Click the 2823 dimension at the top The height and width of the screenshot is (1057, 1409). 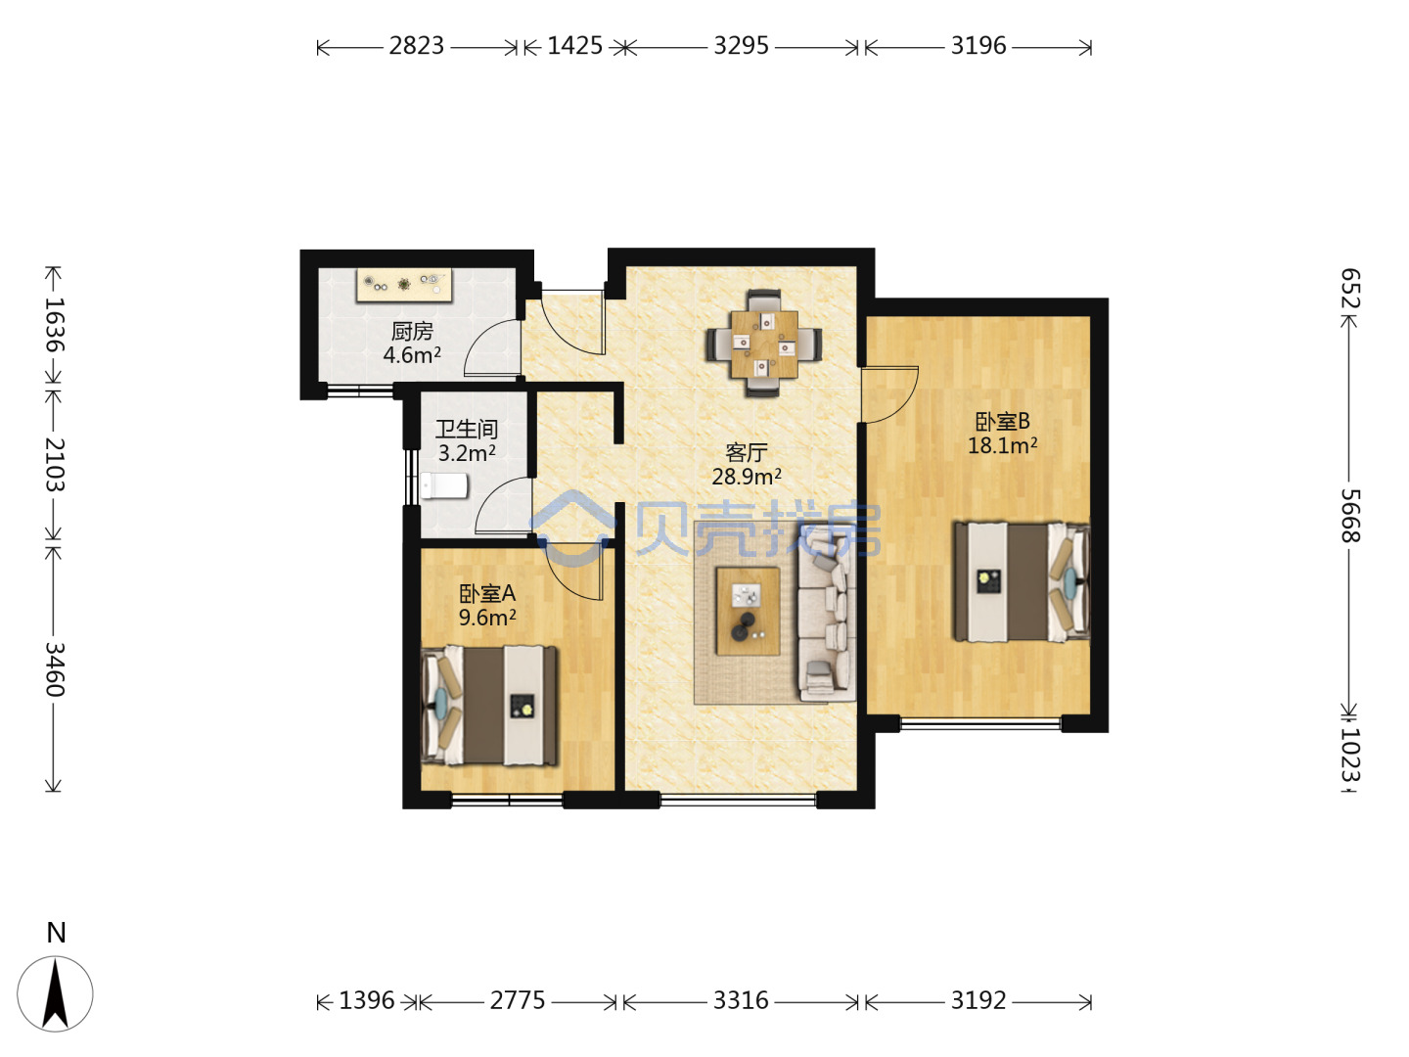pyautogui.click(x=416, y=46)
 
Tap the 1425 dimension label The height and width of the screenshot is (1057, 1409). pyautogui.click(x=574, y=46)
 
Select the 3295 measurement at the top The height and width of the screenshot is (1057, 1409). pyautogui.click(x=741, y=46)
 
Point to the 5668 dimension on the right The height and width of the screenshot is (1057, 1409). pyautogui.click(x=1350, y=516)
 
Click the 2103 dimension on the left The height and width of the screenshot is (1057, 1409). pyautogui.click(x=55, y=465)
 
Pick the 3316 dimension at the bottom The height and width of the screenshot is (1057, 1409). pyautogui.click(x=741, y=1000)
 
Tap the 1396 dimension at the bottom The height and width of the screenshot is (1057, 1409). pyautogui.click(x=367, y=1000)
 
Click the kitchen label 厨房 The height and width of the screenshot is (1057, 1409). pyautogui.click(x=412, y=331)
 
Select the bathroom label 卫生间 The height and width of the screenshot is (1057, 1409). pyautogui.click(x=467, y=430)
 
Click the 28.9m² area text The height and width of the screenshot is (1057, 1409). pyautogui.click(x=747, y=477)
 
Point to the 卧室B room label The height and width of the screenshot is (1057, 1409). pyautogui.click(x=1002, y=421)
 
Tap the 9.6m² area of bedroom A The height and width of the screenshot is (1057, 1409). pyautogui.click(x=487, y=618)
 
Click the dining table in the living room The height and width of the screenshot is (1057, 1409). pyautogui.click(x=764, y=344)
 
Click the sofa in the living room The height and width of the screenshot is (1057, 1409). pyautogui.click(x=826, y=613)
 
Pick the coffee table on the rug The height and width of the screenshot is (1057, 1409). pyautogui.click(x=748, y=611)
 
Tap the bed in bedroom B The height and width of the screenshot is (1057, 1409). pyautogui.click(x=1022, y=581)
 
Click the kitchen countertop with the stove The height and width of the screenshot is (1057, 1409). pyautogui.click(x=404, y=285)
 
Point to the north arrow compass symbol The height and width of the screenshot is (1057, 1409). pyautogui.click(x=55, y=993)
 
